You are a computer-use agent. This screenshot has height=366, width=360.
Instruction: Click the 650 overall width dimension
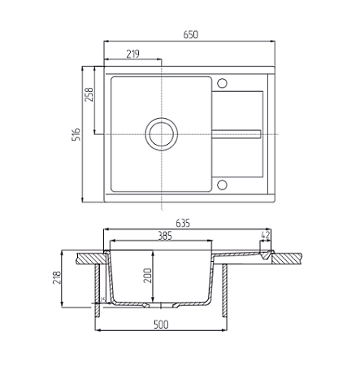[x=191, y=35]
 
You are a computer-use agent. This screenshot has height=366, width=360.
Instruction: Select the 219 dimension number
[x=132, y=54]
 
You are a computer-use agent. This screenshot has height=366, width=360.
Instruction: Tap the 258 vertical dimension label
[x=89, y=94]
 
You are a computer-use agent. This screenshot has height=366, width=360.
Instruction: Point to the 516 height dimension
[x=76, y=134]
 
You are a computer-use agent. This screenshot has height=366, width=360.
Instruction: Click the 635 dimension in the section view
[x=183, y=223]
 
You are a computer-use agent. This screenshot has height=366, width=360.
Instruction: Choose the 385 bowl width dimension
[x=165, y=236]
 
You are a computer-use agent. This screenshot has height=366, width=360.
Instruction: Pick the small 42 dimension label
[x=265, y=235]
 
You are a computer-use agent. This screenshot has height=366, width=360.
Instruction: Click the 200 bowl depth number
[x=148, y=276]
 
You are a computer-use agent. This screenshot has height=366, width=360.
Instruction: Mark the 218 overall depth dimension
[x=57, y=277]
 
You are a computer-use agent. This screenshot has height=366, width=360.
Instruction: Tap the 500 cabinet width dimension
[x=161, y=325]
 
